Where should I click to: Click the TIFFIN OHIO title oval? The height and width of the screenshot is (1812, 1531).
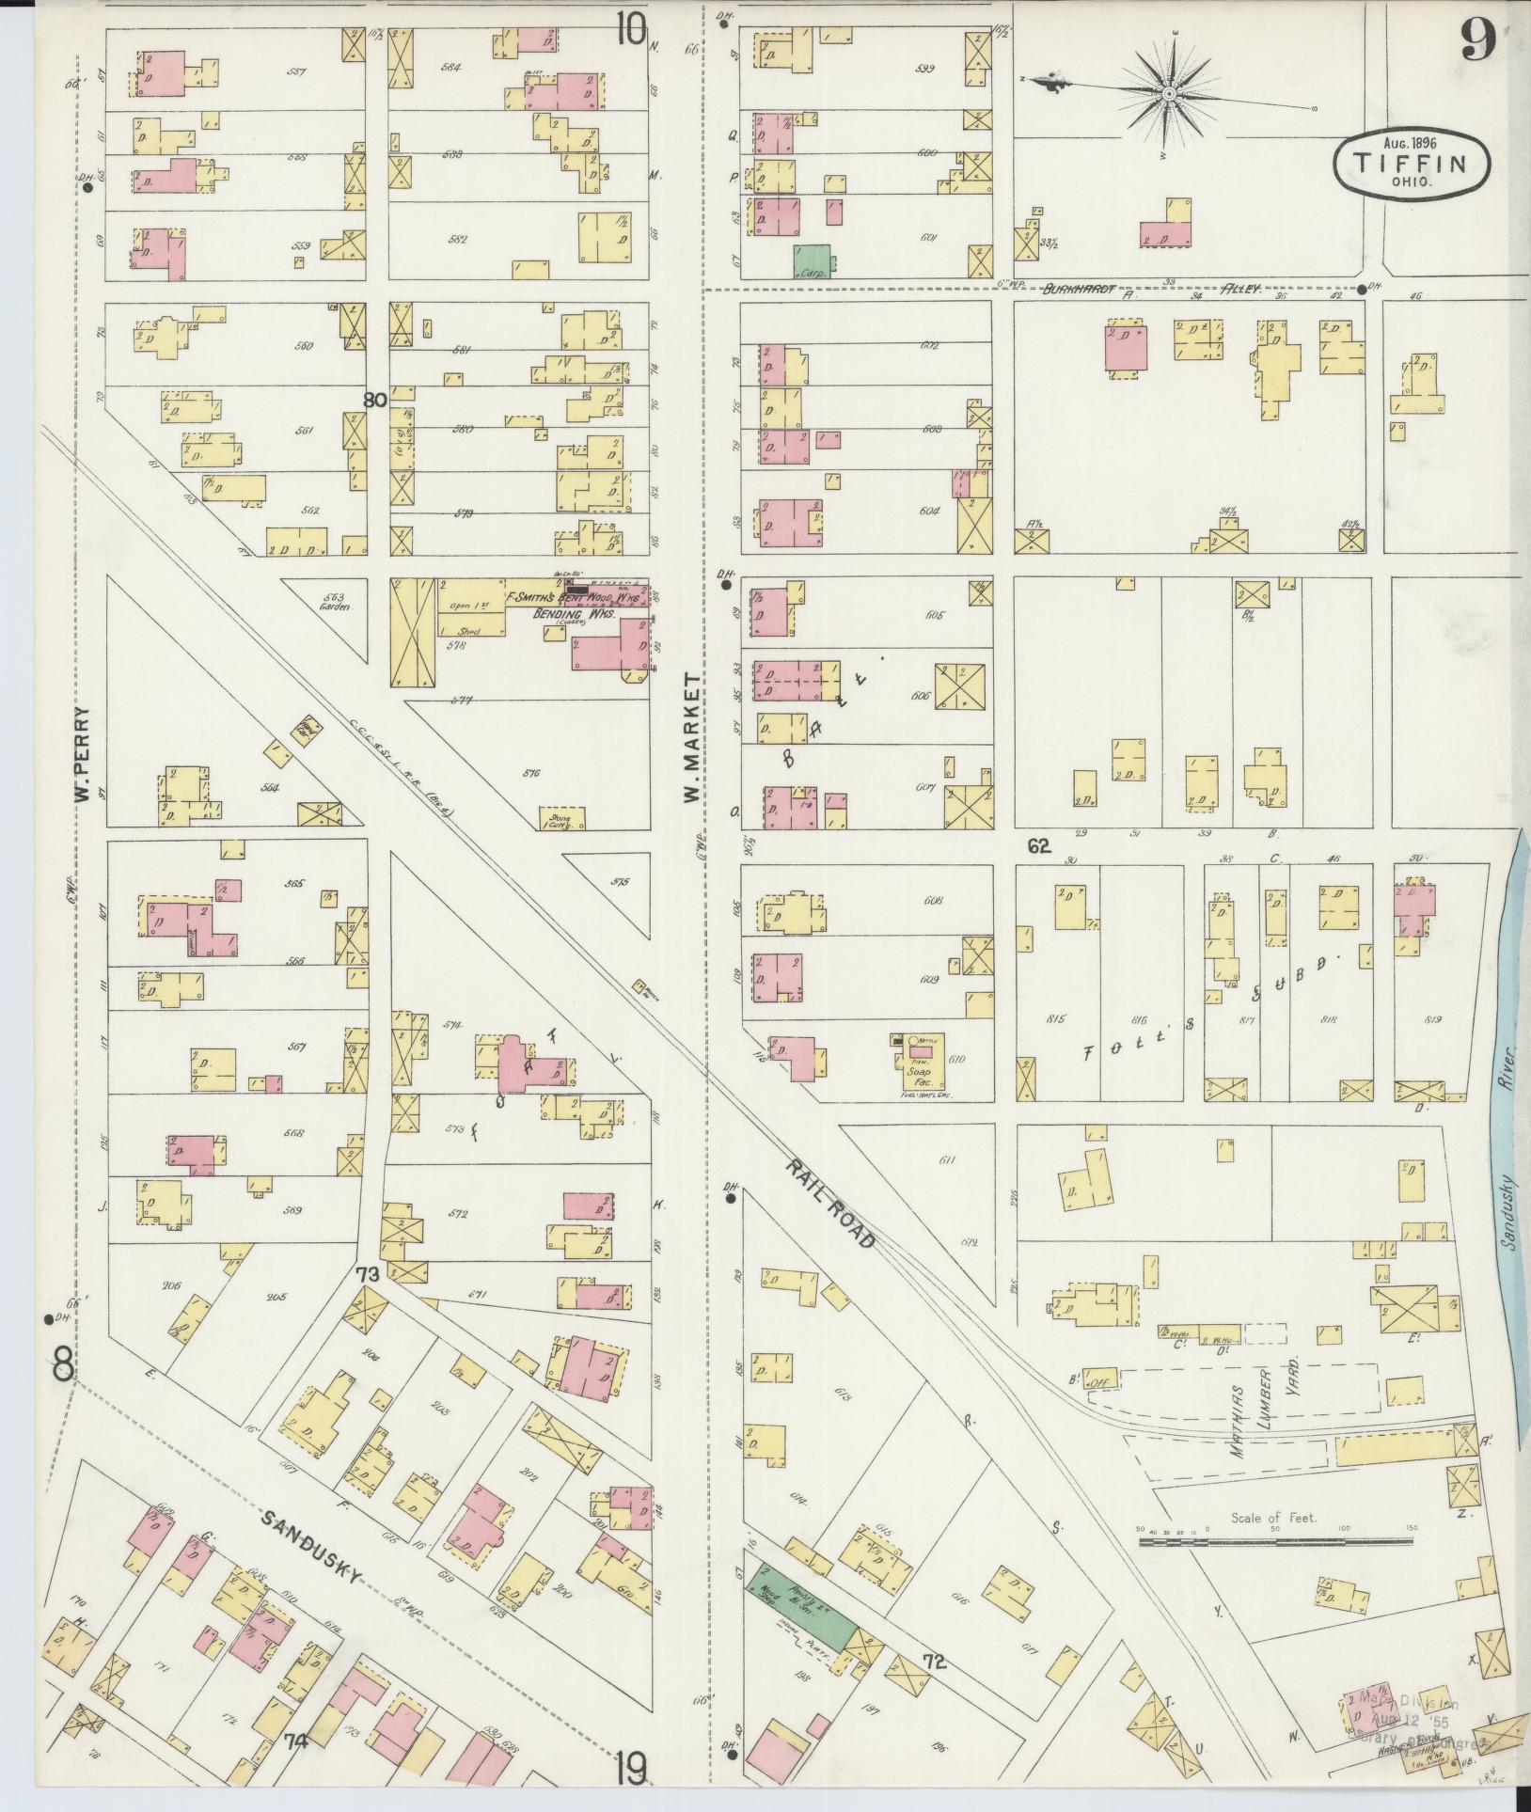1412,163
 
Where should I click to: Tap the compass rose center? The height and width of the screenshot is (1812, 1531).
1169,94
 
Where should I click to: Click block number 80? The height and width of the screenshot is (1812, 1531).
374,401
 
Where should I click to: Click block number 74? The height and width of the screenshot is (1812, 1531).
297,1741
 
